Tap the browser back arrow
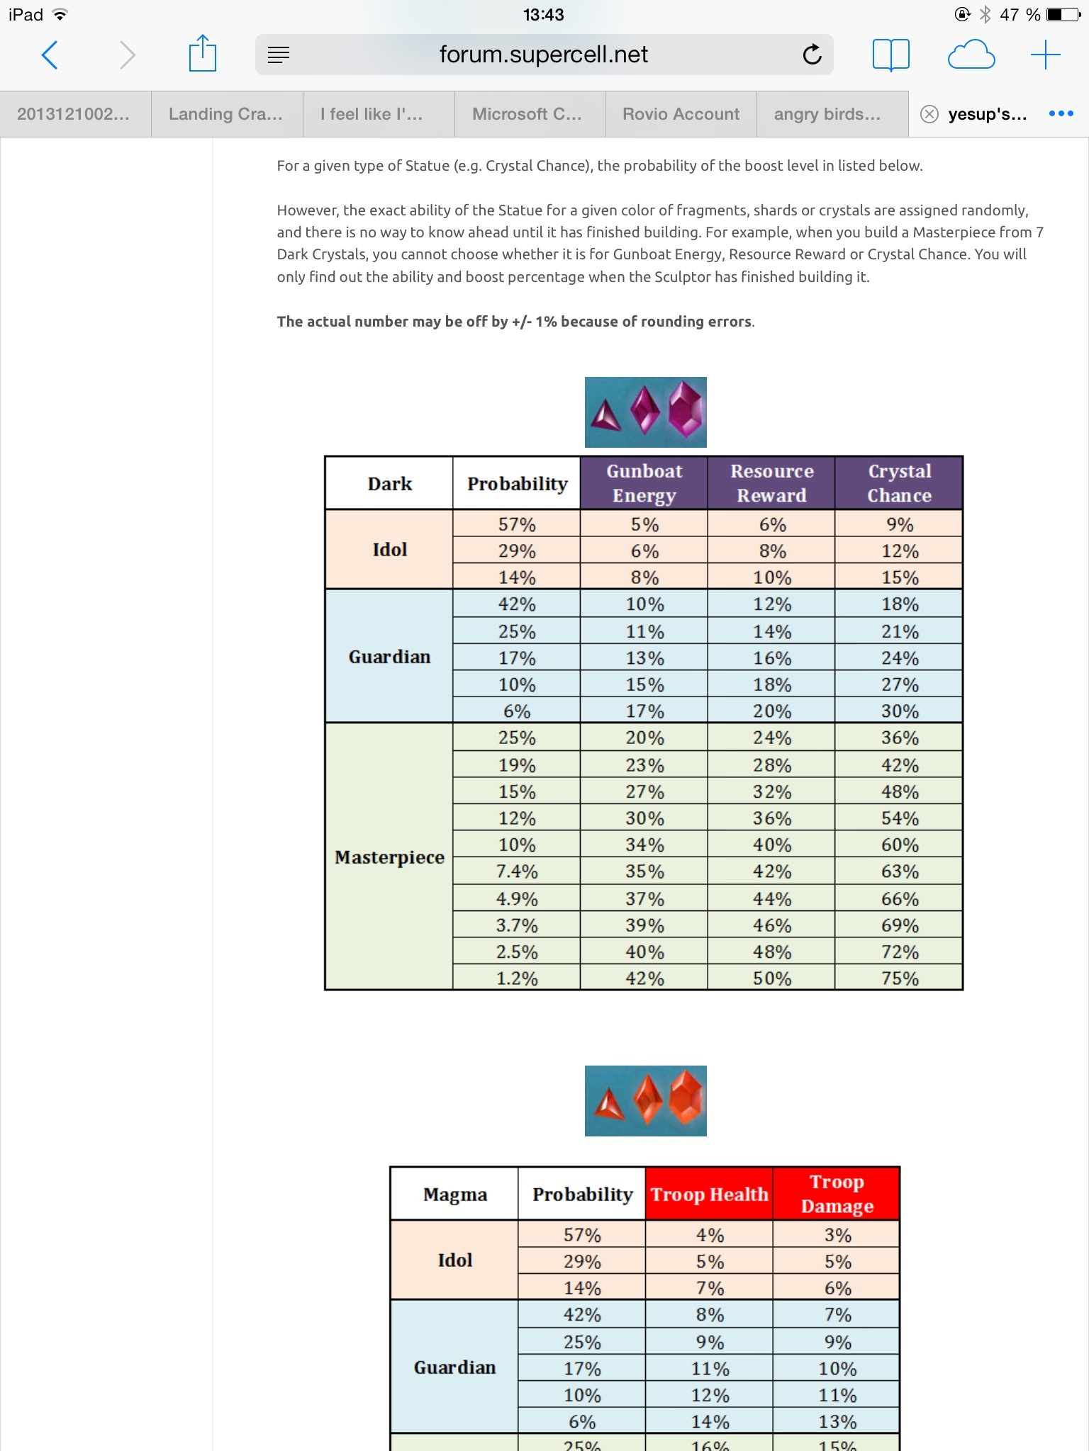(x=50, y=55)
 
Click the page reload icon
(x=812, y=55)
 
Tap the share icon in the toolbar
(x=202, y=54)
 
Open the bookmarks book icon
(x=890, y=55)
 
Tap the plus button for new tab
(x=1045, y=55)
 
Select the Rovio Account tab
(x=681, y=114)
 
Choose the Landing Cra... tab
(x=225, y=114)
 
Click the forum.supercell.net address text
(x=543, y=55)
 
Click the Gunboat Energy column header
(x=644, y=483)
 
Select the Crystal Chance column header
(x=899, y=483)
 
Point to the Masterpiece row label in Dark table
(x=389, y=857)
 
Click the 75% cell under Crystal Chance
(x=899, y=978)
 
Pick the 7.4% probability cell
(x=517, y=871)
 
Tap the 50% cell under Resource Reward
(x=771, y=978)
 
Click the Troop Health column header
(x=709, y=1195)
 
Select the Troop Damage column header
(x=837, y=1194)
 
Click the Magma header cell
(x=454, y=1195)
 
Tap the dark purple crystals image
(x=645, y=412)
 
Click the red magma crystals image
(x=645, y=1101)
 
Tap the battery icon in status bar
(x=1063, y=14)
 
